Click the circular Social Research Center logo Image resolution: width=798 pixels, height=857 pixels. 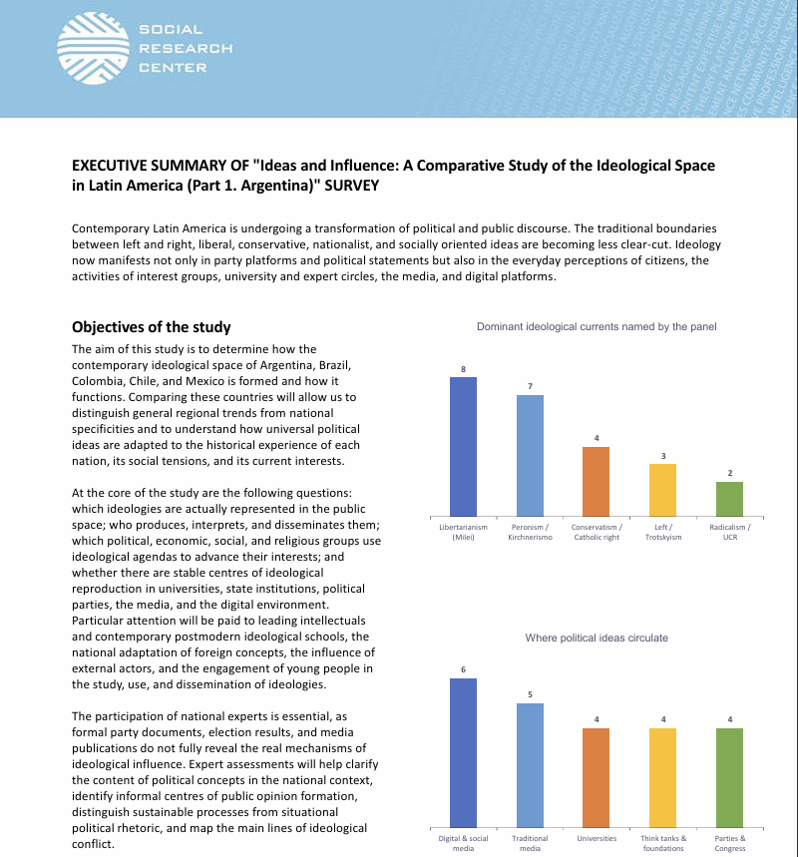click(93, 48)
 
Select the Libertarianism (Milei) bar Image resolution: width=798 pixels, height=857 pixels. click(463, 447)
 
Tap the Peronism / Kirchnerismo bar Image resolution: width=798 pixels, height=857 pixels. click(531, 455)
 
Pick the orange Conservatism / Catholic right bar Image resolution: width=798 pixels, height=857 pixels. click(597, 482)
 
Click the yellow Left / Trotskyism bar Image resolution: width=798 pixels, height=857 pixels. click(663, 490)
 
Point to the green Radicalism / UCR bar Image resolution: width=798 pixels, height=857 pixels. click(730, 499)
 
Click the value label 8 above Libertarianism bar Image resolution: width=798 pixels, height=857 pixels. click(463, 369)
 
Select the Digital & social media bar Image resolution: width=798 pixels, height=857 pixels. click(463, 753)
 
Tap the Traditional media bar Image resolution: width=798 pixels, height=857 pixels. click(531, 766)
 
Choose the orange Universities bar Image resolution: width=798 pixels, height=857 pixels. click(597, 778)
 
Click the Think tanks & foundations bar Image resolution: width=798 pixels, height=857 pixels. click(663, 778)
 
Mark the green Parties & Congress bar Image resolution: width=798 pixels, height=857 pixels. click(730, 778)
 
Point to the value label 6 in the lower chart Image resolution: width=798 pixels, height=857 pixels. click(463, 669)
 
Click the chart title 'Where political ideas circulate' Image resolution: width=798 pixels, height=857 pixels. click(597, 638)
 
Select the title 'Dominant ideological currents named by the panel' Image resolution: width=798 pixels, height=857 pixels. click(597, 327)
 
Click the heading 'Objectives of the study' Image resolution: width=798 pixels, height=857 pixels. click(152, 327)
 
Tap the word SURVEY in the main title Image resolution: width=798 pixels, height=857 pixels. click(351, 186)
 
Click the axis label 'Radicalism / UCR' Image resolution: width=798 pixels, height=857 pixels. click(730, 532)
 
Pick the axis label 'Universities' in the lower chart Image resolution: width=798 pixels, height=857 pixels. click(597, 838)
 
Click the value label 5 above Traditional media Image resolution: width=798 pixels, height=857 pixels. click(531, 694)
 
